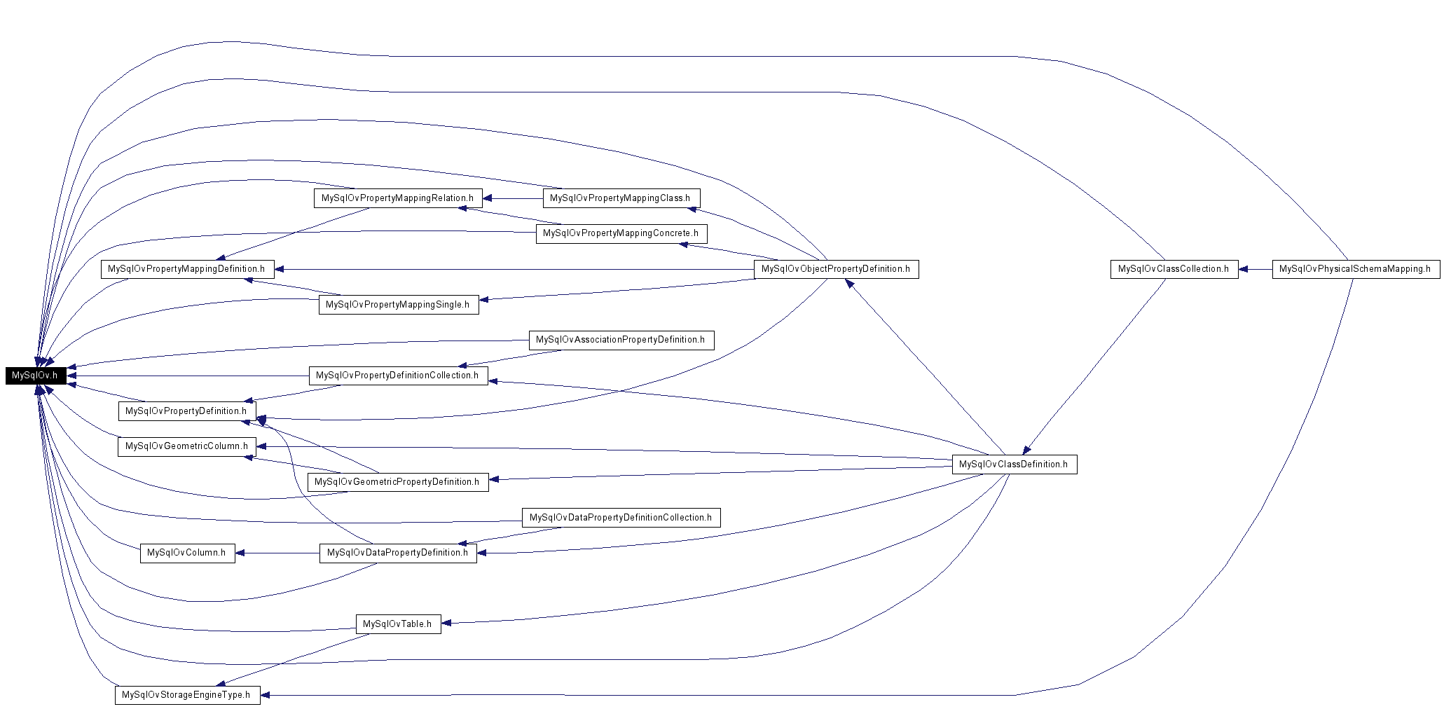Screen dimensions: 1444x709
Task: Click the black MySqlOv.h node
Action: (36, 376)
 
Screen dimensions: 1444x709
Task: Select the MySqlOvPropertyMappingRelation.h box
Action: (398, 198)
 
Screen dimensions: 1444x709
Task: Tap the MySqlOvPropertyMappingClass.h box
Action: (621, 198)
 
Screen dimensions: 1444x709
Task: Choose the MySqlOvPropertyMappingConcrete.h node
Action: (621, 233)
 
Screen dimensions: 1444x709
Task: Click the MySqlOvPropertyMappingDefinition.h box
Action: (187, 269)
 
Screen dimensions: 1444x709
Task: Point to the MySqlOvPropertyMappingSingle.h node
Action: (398, 305)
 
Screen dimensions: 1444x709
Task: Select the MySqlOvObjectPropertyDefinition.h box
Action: (836, 269)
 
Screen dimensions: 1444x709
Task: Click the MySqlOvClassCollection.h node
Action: (1174, 269)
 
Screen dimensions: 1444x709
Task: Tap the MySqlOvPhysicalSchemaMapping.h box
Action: (1356, 269)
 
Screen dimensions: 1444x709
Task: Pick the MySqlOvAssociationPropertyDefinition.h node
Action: (621, 340)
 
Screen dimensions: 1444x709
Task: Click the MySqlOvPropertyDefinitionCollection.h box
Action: (398, 376)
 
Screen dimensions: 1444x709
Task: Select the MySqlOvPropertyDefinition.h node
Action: (187, 411)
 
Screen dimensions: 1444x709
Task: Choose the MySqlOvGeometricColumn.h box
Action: (187, 446)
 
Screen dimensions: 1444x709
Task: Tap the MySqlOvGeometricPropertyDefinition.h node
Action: (398, 482)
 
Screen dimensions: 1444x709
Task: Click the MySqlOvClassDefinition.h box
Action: (1014, 464)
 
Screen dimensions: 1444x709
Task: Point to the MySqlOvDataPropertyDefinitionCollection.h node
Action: (621, 518)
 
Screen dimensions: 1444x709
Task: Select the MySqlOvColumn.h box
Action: (187, 553)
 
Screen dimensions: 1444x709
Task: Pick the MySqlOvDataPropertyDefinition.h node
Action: (398, 553)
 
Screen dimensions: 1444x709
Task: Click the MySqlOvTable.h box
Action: (398, 624)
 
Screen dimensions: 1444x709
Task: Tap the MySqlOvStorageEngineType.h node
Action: (187, 695)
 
